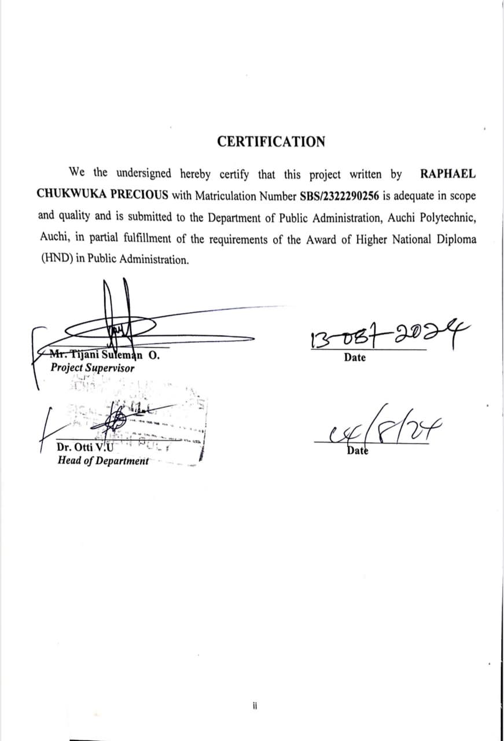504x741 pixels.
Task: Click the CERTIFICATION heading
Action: tap(271, 141)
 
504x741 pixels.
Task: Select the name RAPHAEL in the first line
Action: tap(447, 173)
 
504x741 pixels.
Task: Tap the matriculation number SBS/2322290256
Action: tap(340, 196)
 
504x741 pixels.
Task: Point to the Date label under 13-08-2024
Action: tap(355, 357)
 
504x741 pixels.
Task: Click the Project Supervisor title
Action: tap(93, 368)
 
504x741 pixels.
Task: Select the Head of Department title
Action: tap(103, 461)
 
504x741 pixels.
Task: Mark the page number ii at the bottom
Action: tap(255, 706)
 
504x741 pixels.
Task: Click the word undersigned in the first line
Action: tap(143, 173)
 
